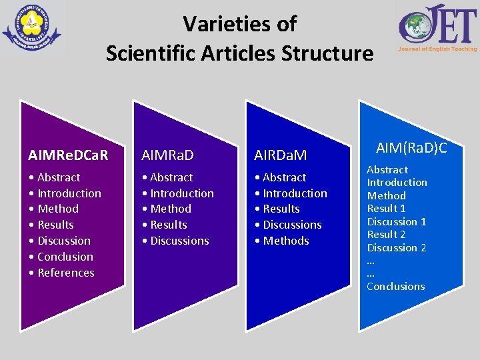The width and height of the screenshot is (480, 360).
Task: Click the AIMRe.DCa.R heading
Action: coord(69,155)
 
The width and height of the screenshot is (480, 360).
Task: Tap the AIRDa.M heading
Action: coord(281,155)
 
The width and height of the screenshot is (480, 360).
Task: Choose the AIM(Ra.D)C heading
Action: coord(411,147)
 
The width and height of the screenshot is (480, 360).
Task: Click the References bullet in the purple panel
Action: coord(65,273)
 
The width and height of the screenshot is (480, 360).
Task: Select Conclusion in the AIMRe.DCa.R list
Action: coord(65,257)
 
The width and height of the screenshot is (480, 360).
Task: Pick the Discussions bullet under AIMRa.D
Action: coord(179,241)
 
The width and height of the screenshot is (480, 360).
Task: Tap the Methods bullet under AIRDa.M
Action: coord(286,241)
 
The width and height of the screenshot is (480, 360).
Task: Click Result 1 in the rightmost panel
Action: coord(387,209)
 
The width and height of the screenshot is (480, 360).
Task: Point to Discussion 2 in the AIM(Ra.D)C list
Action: coord(397,247)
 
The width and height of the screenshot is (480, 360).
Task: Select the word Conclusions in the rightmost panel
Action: coord(395,287)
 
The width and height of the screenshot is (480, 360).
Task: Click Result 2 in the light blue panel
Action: coord(387,235)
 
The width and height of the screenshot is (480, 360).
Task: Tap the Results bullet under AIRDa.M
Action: coord(281,209)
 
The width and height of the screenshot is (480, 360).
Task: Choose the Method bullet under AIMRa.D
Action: coord(171,209)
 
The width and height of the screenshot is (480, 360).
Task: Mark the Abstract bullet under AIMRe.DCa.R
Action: coord(59,177)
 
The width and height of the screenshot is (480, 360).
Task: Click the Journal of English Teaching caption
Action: coord(438,49)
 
